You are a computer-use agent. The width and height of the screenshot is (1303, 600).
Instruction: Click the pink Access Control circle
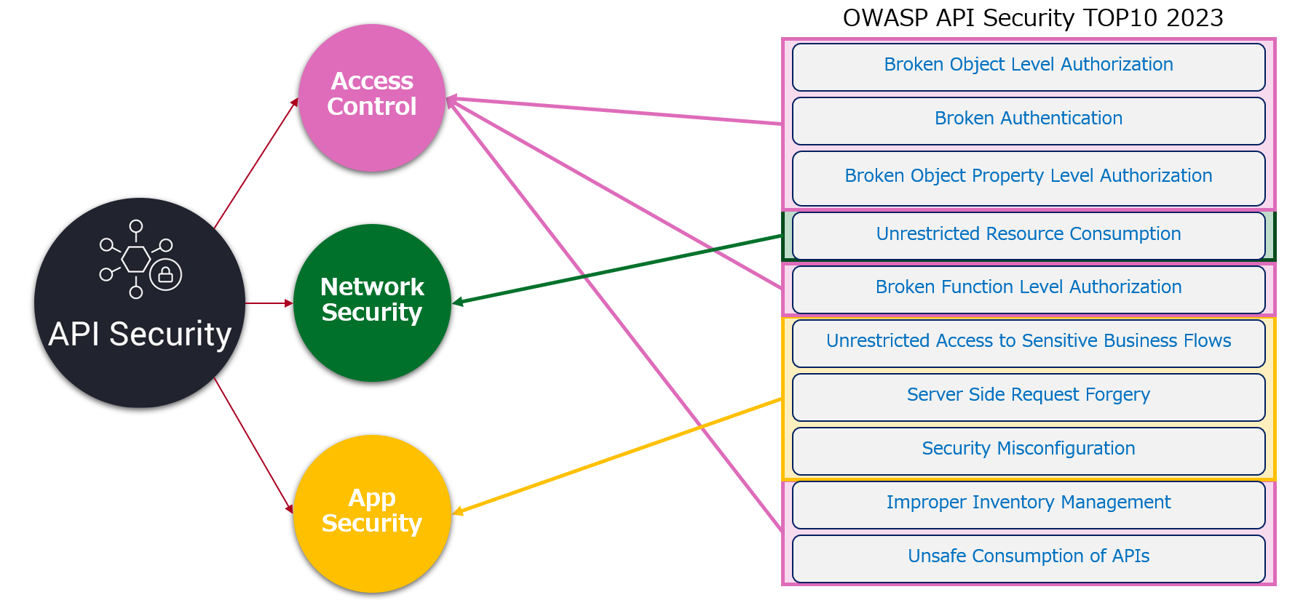pyautogui.click(x=372, y=97)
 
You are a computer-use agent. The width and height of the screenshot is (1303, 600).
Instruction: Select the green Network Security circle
pyautogui.click(x=372, y=303)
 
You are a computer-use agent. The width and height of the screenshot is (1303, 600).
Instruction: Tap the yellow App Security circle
pyautogui.click(x=372, y=513)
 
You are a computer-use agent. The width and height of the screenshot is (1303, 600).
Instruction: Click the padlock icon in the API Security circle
pyautogui.click(x=165, y=275)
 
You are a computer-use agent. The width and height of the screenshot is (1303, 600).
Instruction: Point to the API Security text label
pyautogui.click(x=140, y=335)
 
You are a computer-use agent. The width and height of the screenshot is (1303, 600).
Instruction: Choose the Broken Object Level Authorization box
pyautogui.click(x=1029, y=67)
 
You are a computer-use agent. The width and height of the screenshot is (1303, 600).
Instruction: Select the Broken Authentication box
pyautogui.click(x=1029, y=121)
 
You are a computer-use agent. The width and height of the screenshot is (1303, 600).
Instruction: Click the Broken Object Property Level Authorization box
pyautogui.click(x=1029, y=178)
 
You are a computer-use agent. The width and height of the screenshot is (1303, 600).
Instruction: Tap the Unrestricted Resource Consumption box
pyautogui.click(x=1029, y=236)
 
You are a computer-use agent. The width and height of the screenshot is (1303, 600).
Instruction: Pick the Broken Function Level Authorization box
pyautogui.click(x=1029, y=289)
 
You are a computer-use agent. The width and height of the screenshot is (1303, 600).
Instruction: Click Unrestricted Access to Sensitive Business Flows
pyautogui.click(x=1029, y=343)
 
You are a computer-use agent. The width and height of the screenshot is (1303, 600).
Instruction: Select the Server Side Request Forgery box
pyautogui.click(x=1029, y=397)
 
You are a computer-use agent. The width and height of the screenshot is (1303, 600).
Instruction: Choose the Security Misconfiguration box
pyautogui.click(x=1029, y=451)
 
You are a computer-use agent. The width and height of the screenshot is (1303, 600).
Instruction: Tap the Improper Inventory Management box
pyautogui.click(x=1029, y=505)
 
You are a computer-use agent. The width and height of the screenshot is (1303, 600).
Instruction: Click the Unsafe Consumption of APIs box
pyautogui.click(x=1029, y=559)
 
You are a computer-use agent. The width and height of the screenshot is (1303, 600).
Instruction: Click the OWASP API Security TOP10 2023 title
pyautogui.click(x=1033, y=17)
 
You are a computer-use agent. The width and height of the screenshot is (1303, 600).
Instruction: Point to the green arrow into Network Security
pyautogui.click(x=617, y=269)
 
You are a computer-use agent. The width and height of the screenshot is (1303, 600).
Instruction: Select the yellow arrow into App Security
pyautogui.click(x=617, y=457)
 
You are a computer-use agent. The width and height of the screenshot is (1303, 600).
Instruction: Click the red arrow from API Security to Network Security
pyautogui.click(x=269, y=303)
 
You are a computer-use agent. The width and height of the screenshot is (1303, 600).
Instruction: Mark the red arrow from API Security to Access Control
pyautogui.click(x=256, y=163)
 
